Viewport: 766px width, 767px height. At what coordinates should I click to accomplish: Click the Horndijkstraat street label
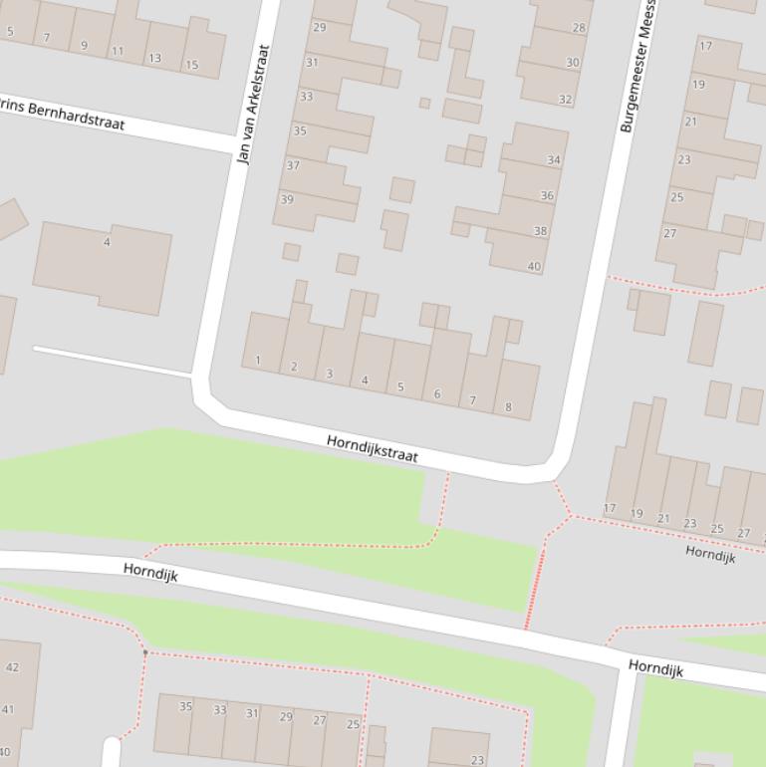tap(373, 448)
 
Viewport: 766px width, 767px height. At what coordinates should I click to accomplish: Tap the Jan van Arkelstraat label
tap(255, 105)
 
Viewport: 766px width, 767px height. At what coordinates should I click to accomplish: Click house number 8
tap(509, 406)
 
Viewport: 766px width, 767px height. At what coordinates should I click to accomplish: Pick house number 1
tap(258, 361)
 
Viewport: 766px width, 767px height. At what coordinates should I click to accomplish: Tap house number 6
tap(436, 393)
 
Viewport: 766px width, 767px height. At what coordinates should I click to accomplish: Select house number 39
tap(287, 199)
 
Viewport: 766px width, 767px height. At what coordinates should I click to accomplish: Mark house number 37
tap(293, 165)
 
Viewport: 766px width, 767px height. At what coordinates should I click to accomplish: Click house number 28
tap(579, 28)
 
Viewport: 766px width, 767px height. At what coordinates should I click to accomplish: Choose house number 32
tap(566, 100)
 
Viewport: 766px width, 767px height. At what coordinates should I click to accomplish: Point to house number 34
tap(554, 159)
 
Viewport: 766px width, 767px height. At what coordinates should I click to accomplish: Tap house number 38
tap(540, 231)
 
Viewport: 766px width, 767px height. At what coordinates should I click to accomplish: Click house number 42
tap(12, 667)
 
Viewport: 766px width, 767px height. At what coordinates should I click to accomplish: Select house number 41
tap(8, 710)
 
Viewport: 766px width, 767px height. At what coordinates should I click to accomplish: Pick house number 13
tap(154, 58)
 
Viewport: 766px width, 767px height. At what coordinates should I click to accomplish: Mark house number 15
tap(191, 66)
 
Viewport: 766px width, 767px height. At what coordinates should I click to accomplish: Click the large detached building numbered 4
tap(103, 267)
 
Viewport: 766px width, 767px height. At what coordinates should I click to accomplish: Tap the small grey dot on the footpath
tap(145, 652)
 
